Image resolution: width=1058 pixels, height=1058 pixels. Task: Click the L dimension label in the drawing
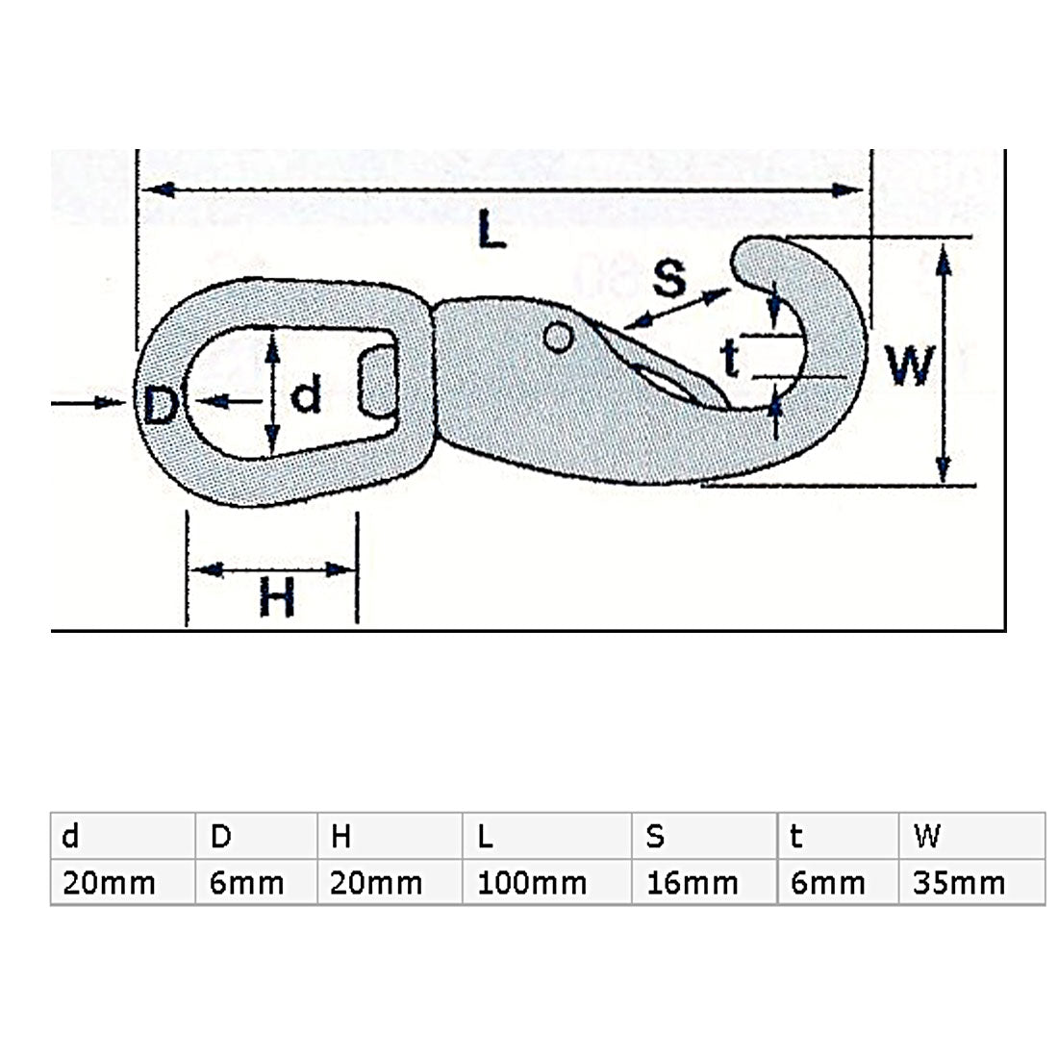pyautogui.click(x=491, y=232)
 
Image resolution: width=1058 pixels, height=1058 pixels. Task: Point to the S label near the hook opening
pyautogui.click(x=668, y=277)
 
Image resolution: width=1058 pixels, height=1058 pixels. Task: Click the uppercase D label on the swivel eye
pyautogui.click(x=161, y=405)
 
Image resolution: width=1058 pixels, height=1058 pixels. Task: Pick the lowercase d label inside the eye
pyautogui.click(x=306, y=394)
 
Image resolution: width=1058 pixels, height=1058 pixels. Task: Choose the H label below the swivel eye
pyautogui.click(x=276, y=600)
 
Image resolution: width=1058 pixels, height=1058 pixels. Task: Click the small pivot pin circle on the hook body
pyautogui.click(x=558, y=337)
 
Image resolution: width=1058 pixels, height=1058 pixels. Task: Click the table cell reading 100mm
pyautogui.click(x=532, y=882)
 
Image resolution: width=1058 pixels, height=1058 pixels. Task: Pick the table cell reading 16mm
pyautogui.click(x=693, y=882)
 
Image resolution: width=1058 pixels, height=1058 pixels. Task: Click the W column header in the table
pyautogui.click(x=927, y=837)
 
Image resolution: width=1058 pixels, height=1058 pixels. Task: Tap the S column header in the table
pyautogui.click(x=655, y=837)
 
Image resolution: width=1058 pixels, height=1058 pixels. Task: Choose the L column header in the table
pyautogui.click(x=485, y=837)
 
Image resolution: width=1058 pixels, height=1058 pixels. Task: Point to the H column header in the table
pyautogui.click(x=340, y=837)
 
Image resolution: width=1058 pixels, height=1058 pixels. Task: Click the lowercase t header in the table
pyautogui.click(x=795, y=837)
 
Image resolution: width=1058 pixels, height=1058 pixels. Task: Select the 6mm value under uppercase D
pyautogui.click(x=246, y=882)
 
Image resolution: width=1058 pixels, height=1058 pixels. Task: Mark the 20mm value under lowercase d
pyautogui.click(x=109, y=882)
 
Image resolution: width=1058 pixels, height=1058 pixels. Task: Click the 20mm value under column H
pyautogui.click(x=376, y=882)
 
